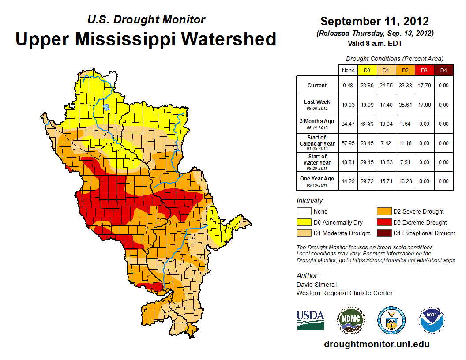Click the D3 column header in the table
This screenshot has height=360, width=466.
point(424,70)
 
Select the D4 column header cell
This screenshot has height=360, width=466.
point(443,70)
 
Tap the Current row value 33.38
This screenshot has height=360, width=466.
point(405,86)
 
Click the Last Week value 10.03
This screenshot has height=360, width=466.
point(348,105)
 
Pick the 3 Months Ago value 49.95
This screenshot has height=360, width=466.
point(367,124)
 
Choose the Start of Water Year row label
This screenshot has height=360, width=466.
point(317,161)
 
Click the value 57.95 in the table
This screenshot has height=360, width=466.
point(348,143)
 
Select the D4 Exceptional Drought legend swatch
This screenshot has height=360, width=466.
point(383,233)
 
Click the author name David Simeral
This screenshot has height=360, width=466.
point(316,285)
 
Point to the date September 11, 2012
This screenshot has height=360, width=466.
point(375,21)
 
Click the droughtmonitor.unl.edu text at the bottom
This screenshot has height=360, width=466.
point(376,344)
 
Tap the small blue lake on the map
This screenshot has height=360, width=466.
point(106,107)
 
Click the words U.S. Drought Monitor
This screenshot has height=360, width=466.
point(147,19)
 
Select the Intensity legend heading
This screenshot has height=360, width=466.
point(310,201)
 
